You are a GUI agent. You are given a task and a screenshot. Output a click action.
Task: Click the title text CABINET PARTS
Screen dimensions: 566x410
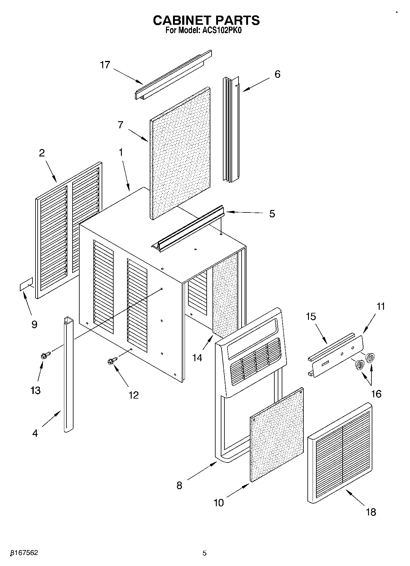pyautogui.click(x=206, y=20)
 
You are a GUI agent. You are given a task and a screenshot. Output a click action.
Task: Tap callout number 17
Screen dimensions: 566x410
pyautogui.click(x=105, y=65)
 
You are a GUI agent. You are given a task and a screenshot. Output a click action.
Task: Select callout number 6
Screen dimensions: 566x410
pyautogui.click(x=277, y=74)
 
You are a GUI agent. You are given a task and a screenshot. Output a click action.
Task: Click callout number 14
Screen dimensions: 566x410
pyautogui.click(x=197, y=357)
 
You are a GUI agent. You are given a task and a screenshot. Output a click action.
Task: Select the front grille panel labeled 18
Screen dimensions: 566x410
pyautogui.click(x=340, y=453)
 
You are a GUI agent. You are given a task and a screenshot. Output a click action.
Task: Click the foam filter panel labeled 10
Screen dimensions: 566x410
pyautogui.click(x=277, y=435)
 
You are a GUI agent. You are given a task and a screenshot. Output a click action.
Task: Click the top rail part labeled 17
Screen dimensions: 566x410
pyautogui.click(x=173, y=75)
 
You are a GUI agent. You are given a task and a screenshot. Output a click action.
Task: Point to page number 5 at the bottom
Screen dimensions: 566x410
pyautogui.click(x=205, y=553)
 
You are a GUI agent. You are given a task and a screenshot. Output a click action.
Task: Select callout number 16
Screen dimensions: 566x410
pyautogui.click(x=376, y=393)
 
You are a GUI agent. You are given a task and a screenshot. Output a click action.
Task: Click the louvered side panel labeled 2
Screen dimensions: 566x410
pyautogui.click(x=68, y=230)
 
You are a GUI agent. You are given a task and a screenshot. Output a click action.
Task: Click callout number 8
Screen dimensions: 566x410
pyautogui.click(x=179, y=485)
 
